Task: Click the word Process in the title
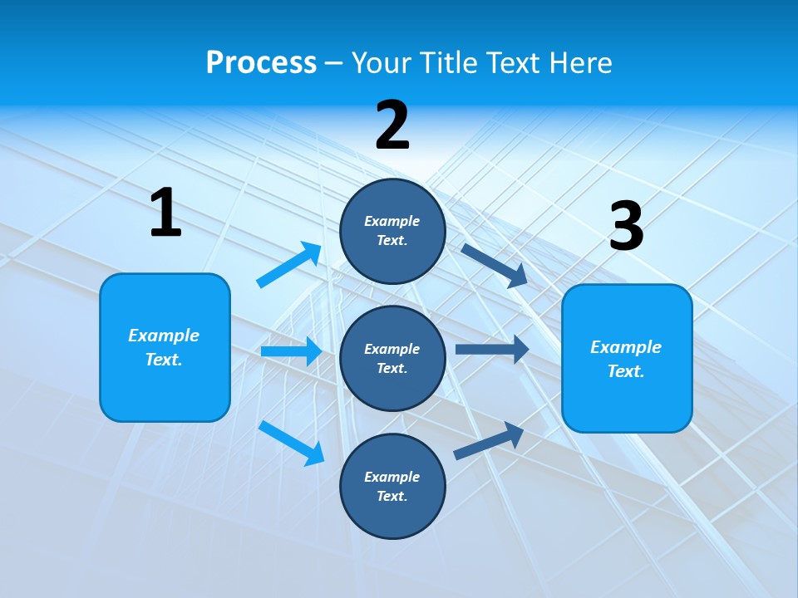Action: (x=261, y=63)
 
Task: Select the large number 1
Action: (x=165, y=213)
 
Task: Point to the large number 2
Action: (x=392, y=125)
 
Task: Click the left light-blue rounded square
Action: (x=165, y=347)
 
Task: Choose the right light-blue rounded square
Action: (x=627, y=358)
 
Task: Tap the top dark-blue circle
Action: (x=392, y=231)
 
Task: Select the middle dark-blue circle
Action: (x=392, y=358)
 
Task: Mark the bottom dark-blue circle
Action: (x=392, y=486)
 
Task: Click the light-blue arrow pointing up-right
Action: (x=289, y=265)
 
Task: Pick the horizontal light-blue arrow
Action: (x=291, y=351)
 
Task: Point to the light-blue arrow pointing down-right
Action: (x=292, y=443)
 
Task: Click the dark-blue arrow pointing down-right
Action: (x=495, y=266)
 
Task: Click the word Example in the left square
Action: (x=164, y=336)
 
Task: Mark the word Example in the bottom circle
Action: (x=392, y=477)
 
